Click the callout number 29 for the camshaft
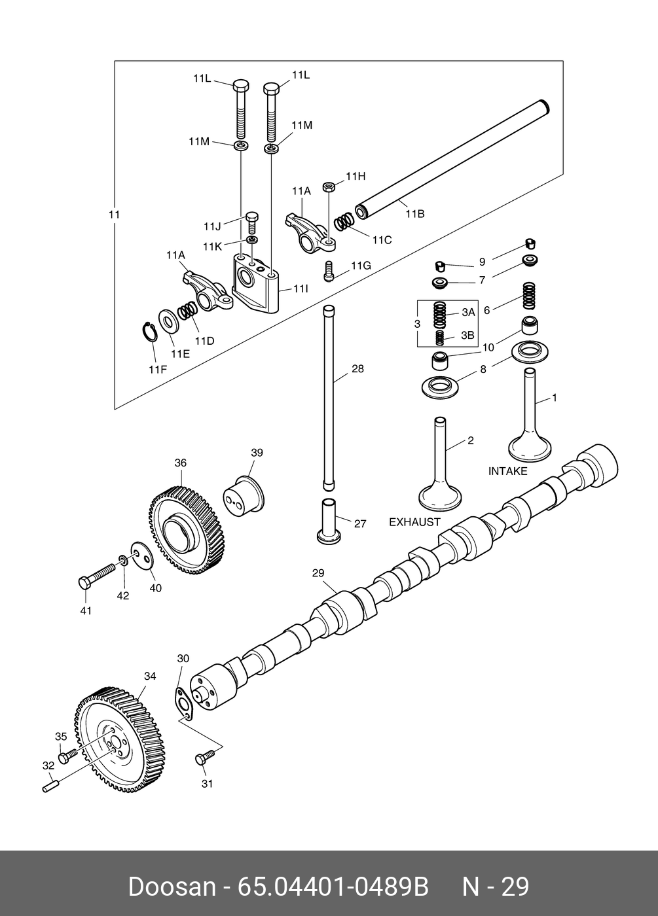(x=318, y=574)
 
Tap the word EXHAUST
(x=415, y=522)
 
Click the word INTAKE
(x=507, y=471)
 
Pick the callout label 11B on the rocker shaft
(x=415, y=214)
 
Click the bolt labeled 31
(x=203, y=759)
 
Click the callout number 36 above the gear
(x=180, y=463)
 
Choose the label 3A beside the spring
(x=467, y=313)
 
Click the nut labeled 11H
(x=329, y=187)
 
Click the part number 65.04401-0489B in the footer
(x=333, y=887)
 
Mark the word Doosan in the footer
(x=172, y=887)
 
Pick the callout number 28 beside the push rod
(x=357, y=369)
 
